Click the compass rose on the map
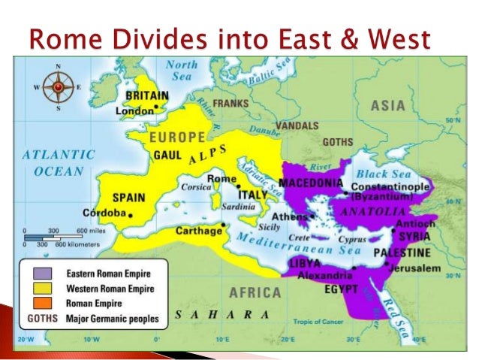pos(57,87)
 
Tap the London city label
pos(134,111)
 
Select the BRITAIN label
pos(146,97)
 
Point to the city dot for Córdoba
pos(130,216)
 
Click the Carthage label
pos(197,231)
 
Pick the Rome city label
pos(221,178)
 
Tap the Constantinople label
pos(390,185)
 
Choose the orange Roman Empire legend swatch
pos(34,302)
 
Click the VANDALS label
pos(297,125)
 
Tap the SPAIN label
pos(128,199)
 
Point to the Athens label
pos(288,217)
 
